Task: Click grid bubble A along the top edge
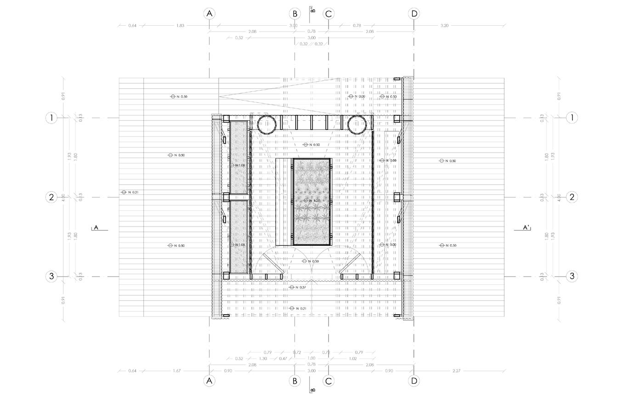(209, 14)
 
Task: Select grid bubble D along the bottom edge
(414, 380)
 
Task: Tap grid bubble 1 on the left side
(51, 118)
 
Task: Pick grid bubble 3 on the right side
(572, 276)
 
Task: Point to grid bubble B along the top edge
(294, 14)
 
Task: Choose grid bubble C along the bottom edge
(328, 380)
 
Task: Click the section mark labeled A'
(526, 227)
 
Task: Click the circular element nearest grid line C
(356, 124)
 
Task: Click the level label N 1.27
(314, 201)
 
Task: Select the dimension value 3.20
(444, 26)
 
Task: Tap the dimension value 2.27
(456, 371)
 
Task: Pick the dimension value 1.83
(180, 26)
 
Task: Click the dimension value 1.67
(177, 371)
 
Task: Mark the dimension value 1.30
(263, 359)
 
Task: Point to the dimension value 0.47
(283, 359)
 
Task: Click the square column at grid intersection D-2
(397, 197)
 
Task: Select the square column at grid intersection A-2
(226, 197)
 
